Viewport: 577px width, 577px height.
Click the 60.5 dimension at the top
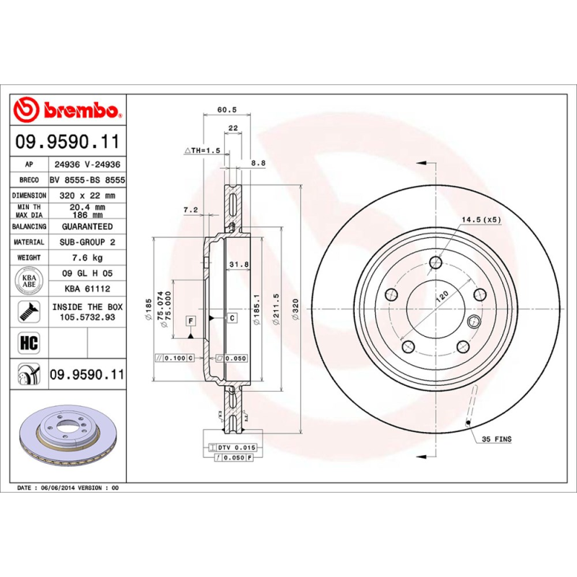tap(227, 110)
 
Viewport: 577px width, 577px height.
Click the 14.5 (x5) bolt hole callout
tap(481, 219)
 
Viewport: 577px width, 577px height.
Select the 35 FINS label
tap(496, 439)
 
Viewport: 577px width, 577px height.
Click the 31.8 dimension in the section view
tap(238, 265)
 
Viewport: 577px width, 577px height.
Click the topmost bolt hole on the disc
tap(434, 263)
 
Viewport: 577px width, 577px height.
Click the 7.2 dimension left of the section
tap(190, 210)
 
